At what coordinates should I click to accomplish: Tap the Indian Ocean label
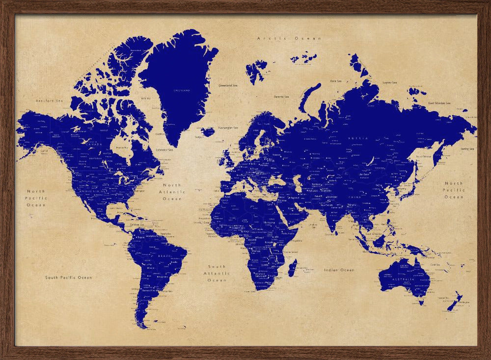[x=339, y=270]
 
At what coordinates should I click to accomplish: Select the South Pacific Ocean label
[x=69, y=277]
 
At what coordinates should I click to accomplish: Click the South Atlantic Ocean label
[x=217, y=273]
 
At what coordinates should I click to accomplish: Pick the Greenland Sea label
[x=228, y=85]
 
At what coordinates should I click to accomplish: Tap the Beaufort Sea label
[x=50, y=101]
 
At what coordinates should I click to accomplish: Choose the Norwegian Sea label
[x=228, y=128]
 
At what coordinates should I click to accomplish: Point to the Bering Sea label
[x=466, y=149]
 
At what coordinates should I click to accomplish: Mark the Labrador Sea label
[x=164, y=149]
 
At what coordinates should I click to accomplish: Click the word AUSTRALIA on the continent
[x=402, y=279]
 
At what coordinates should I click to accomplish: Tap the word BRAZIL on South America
[x=164, y=256]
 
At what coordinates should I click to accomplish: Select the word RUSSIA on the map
[x=357, y=138]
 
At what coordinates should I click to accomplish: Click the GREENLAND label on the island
[x=182, y=91]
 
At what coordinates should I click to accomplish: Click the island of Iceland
[x=208, y=132]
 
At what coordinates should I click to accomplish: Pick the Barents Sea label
[x=281, y=97]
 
